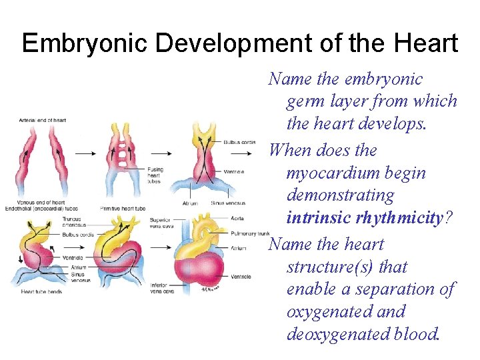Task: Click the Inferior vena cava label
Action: pyautogui.click(x=162, y=287)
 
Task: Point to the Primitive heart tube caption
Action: pyautogui.click(x=121, y=209)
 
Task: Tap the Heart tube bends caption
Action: pyautogui.click(x=41, y=291)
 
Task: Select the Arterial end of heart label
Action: pyautogui.click(x=47, y=120)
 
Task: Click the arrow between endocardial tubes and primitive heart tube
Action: pyautogui.click(x=85, y=153)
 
